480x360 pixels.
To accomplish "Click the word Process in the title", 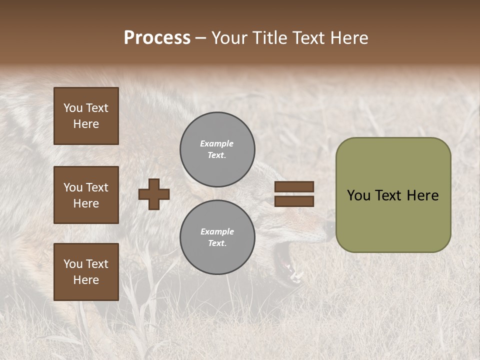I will [x=157, y=38].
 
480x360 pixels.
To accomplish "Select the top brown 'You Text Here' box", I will [x=86, y=116].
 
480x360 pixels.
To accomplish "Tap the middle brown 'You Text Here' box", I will [x=86, y=195].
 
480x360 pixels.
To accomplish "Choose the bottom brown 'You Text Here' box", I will [x=86, y=272].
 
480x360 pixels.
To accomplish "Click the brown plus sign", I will [x=154, y=194].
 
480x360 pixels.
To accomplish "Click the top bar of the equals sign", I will [x=294, y=187].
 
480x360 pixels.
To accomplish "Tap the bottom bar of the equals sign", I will [x=294, y=201].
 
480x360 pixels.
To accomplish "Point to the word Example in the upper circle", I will [x=216, y=144].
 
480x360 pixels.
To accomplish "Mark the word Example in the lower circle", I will [x=217, y=232].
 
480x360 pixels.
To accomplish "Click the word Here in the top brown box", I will [x=86, y=124].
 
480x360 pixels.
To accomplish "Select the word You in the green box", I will [x=358, y=195].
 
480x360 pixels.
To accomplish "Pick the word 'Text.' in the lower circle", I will [x=217, y=243].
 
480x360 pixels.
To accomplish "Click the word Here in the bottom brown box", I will [x=86, y=280].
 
